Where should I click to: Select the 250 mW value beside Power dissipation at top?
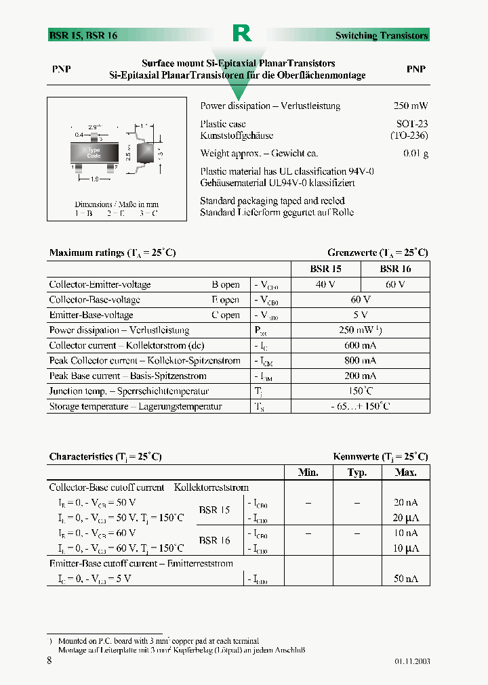point(411,106)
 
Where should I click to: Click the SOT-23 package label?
point(412,124)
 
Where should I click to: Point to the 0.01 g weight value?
point(415,154)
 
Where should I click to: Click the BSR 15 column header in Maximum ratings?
point(325,269)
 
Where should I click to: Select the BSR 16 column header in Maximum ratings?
point(395,269)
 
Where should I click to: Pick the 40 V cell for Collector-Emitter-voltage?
point(325,284)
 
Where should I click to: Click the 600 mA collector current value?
point(360,345)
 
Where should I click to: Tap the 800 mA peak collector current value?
point(360,361)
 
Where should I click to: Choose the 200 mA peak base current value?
point(360,376)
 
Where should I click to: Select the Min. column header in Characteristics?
point(308,472)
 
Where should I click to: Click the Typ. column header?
point(357,472)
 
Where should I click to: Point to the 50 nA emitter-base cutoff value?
point(406,578)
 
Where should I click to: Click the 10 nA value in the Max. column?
point(406,533)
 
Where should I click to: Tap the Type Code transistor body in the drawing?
point(94,153)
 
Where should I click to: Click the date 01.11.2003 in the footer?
point(411,661)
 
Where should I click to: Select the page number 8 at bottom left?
point(49,661)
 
